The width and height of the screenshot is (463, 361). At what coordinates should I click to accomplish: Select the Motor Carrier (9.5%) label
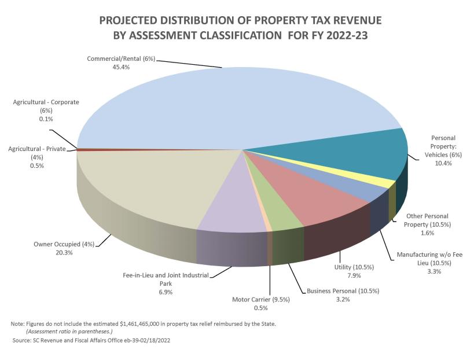pyautogui.click(x=260, y=299)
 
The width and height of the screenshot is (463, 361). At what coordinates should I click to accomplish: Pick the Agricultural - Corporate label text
pyautogui.click(x=46, y=102)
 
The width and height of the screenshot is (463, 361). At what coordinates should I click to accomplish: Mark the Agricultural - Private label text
pyautogui.click(x=37, y=149)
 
